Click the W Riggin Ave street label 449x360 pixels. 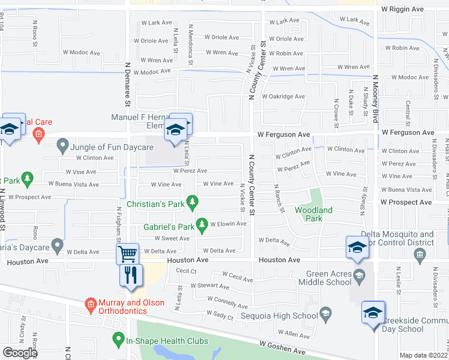click(x=403, y=10)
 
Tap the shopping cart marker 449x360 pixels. click(x=127, y=254)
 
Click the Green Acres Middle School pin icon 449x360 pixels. click(x=359, y=276)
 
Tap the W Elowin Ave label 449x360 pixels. click(x=228, y=224)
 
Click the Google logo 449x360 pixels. click(x=20, y=352)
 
